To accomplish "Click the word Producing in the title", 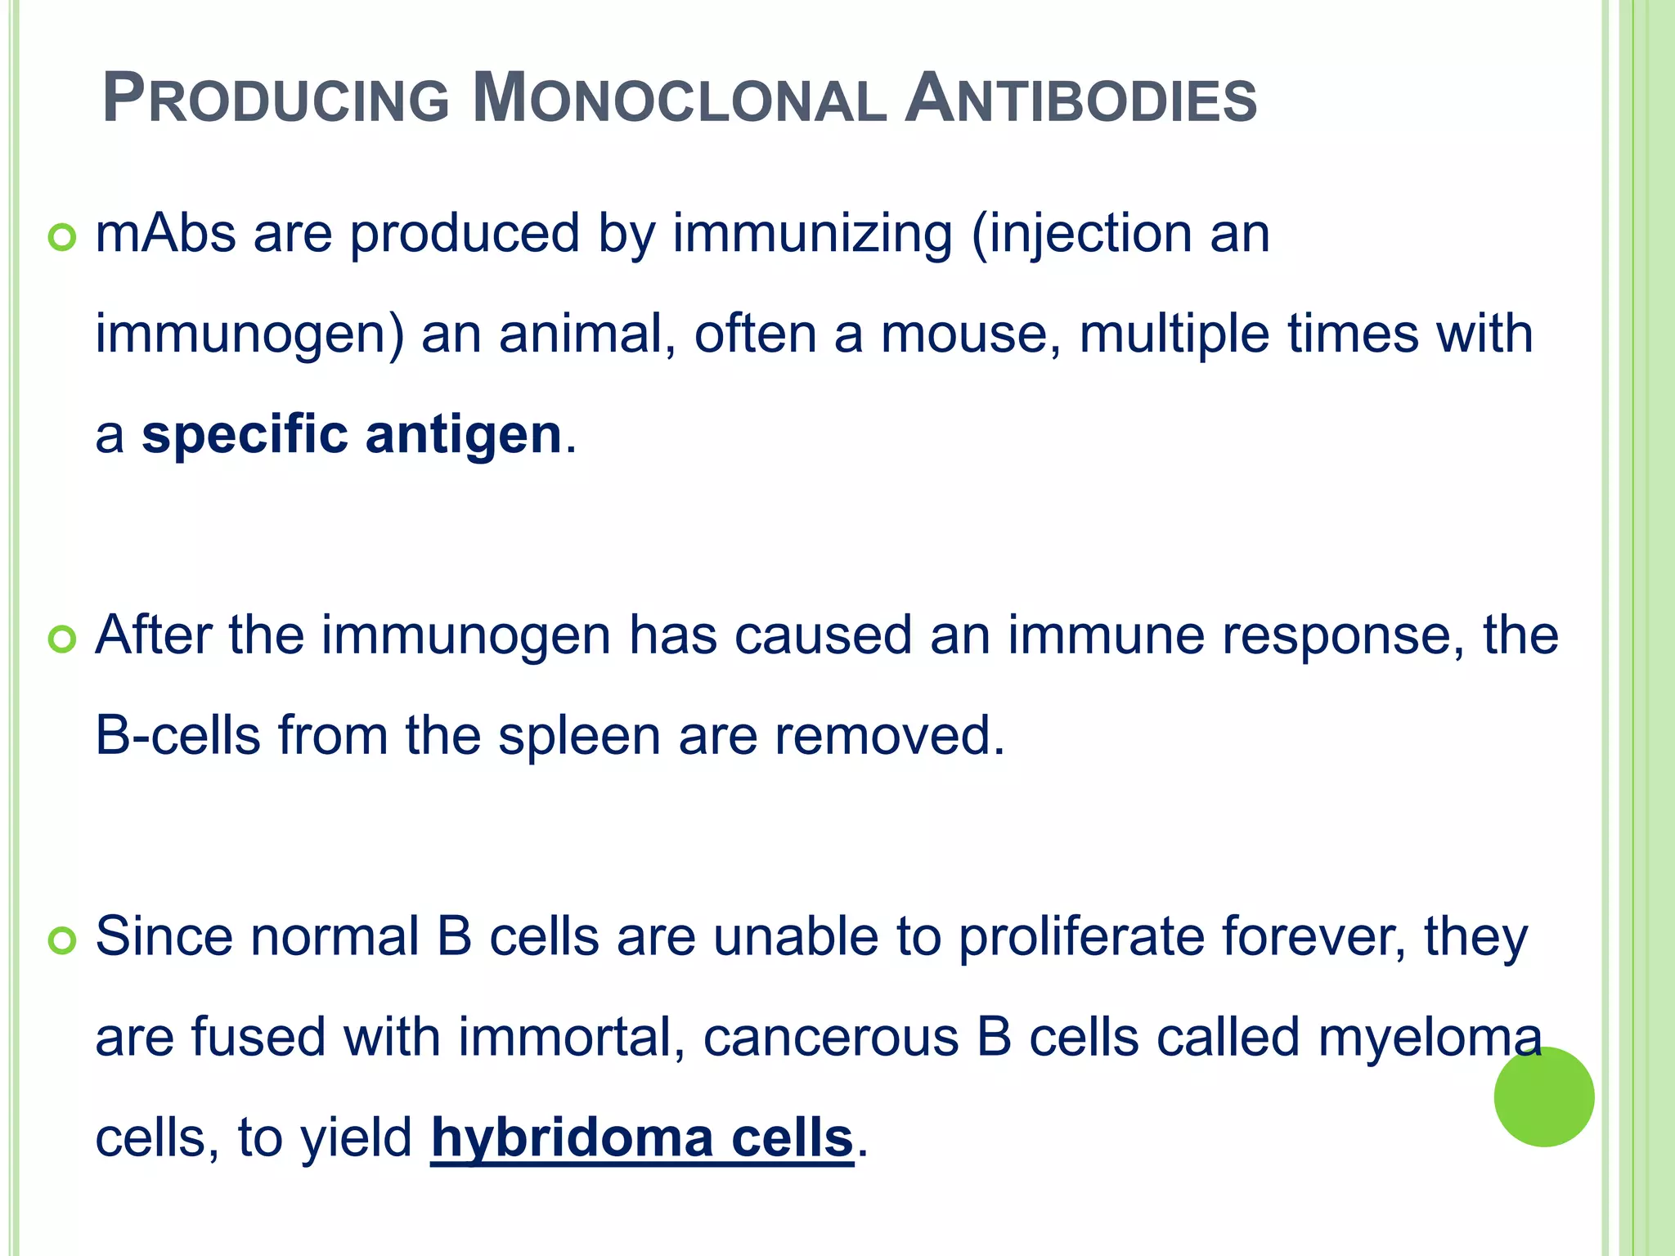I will click(x=276, y=100).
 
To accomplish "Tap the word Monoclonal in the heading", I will click(x=679, y=100).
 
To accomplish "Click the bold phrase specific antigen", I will click(x=352, y=435).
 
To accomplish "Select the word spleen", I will click(x=579, y=736).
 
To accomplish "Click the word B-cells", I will click(x=177, y=735).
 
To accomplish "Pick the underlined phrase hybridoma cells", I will click(x=642, y=1137).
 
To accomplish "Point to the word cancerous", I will click(x=831, y=1038).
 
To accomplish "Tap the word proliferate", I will click(x=1081, y=937).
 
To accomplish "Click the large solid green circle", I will click(x=1543, y=1097).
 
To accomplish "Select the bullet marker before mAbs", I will click(x=62, y=237).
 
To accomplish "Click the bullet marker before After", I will click(x=62, y=639).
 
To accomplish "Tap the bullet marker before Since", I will click(x=62, y=940).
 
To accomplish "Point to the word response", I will click(x=1343, y=636).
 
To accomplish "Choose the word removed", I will click(x=889, y=735).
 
